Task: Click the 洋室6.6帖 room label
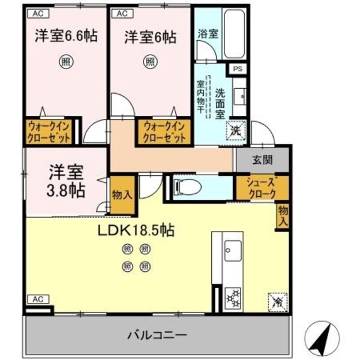pyautogui.click(x=65, y=36)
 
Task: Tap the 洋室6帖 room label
pyautogui.click(x=150, y=37)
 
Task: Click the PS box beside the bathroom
pyautogui.click(x=238, y=69)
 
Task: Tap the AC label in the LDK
pyautogui.click(x=38, y=299)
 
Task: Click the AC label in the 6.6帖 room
pyautogui.click(x=38, y=13)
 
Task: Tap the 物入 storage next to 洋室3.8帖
pyautogui.click(x=122, y=196)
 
